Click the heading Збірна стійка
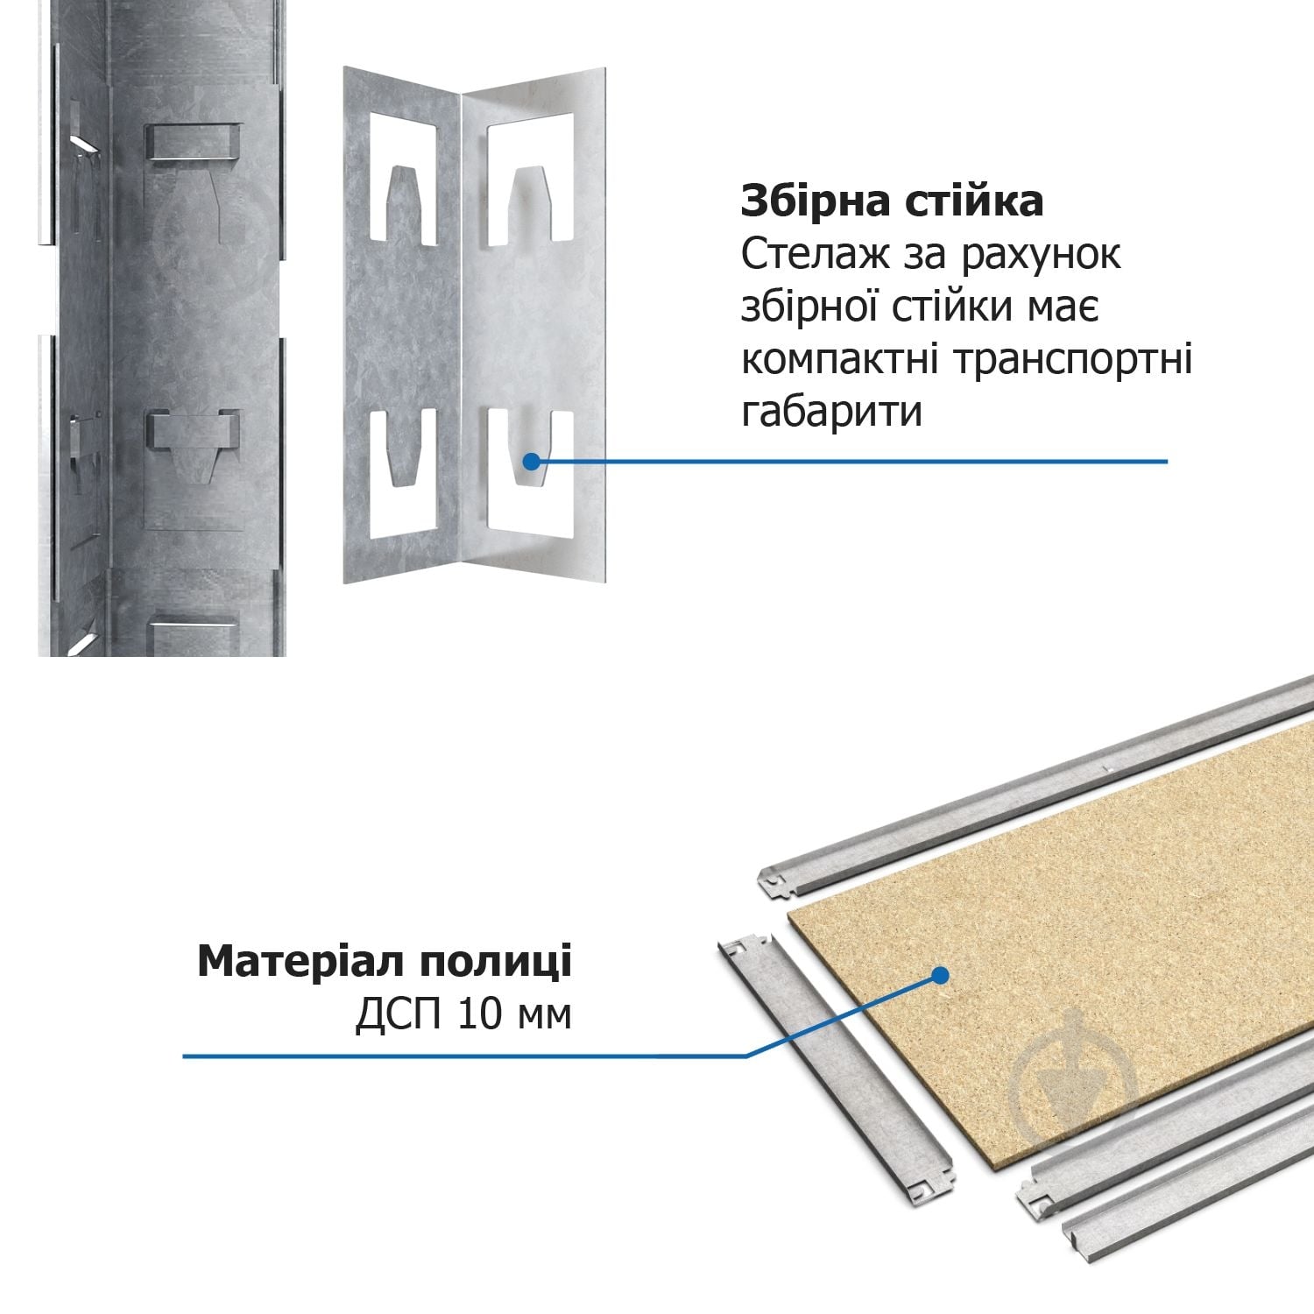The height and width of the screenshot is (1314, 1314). pyautogui.click(x=892, y=201)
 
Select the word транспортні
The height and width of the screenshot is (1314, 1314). pyautogui.click(x=1072, y=360)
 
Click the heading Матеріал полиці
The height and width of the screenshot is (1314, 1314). pyautogui.click(x=385, y=962)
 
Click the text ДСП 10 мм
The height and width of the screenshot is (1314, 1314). pyautogui.click(x=463, y=1015)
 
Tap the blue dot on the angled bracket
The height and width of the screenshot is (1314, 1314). pyautogui.click(x=532, y=461)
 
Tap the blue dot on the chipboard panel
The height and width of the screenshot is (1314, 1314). pyautogui.click(x=941, y=975)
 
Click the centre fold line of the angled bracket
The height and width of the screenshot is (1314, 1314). pyautogui.click(x=461, y=333)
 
